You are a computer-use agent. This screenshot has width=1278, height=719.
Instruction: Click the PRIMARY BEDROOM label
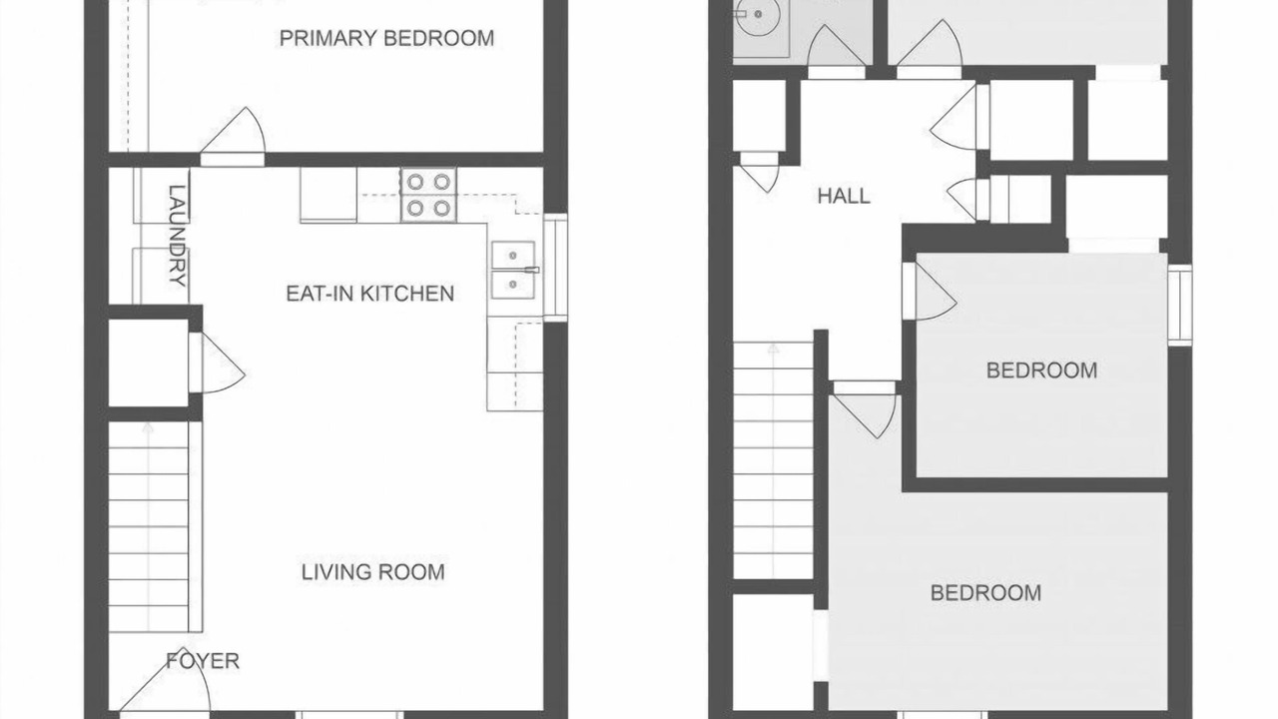click(386, 38)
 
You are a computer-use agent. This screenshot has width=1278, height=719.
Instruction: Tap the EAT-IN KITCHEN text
click(369, 294)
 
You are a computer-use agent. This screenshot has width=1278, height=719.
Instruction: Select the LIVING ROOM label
click(373, 572)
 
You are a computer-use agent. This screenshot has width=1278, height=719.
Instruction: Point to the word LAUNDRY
click(178, 235)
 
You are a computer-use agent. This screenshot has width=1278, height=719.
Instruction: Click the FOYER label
click(203, 661)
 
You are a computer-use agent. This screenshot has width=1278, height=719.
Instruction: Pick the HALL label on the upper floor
click(844, 197)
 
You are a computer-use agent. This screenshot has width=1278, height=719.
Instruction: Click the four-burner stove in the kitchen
click(428, 195)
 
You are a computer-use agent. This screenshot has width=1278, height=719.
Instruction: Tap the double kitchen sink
click(513, 270)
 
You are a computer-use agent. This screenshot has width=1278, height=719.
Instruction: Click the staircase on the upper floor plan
click(773, 460)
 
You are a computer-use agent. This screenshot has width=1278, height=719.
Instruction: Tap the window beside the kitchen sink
click(555, 268)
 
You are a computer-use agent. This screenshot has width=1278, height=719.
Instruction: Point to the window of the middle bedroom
click(1179, 305)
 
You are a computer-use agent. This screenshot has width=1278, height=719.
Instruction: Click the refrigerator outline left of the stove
click(328, 195)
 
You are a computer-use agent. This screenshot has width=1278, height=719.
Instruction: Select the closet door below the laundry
click(217, 362)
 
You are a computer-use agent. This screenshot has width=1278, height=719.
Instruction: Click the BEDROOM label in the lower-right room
click(985, 593)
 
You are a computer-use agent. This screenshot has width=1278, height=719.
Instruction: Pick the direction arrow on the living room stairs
click(149, 525)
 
